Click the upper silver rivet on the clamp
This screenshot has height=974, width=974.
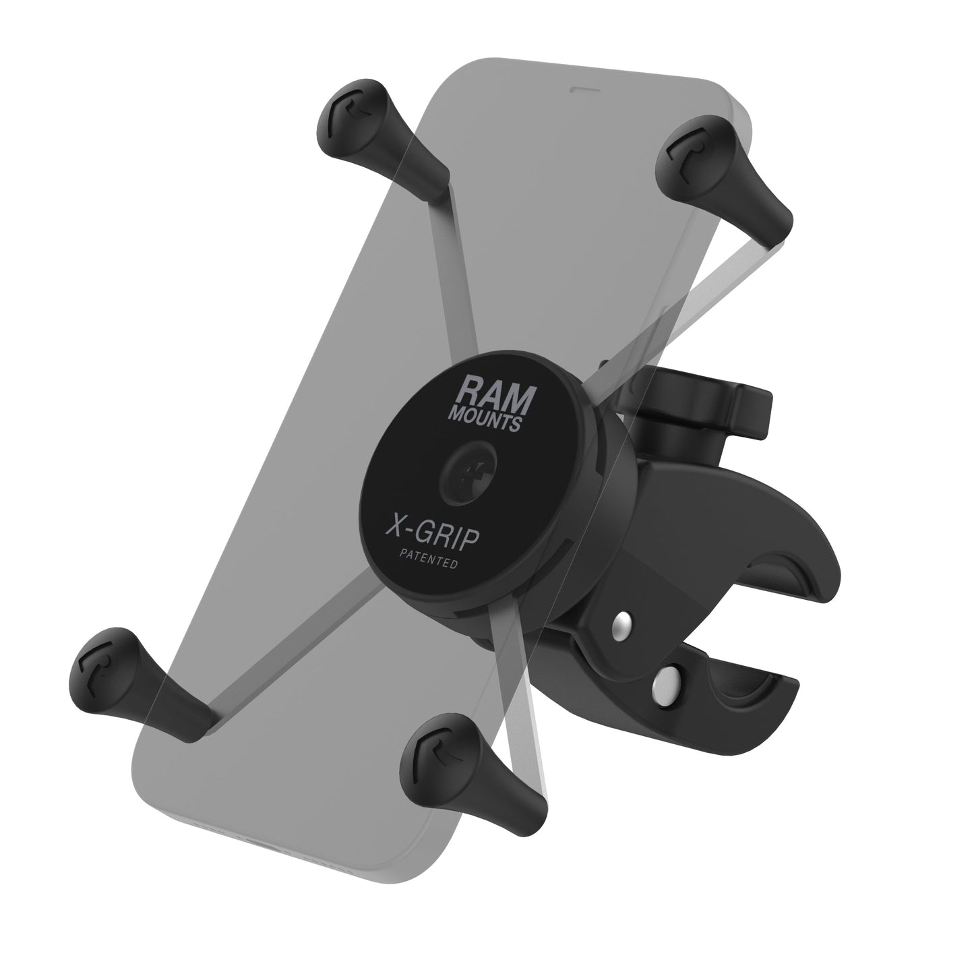pyautogui.click(x=623, y=626)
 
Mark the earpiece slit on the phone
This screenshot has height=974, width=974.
pyautogui.click(x=579, y=88)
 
